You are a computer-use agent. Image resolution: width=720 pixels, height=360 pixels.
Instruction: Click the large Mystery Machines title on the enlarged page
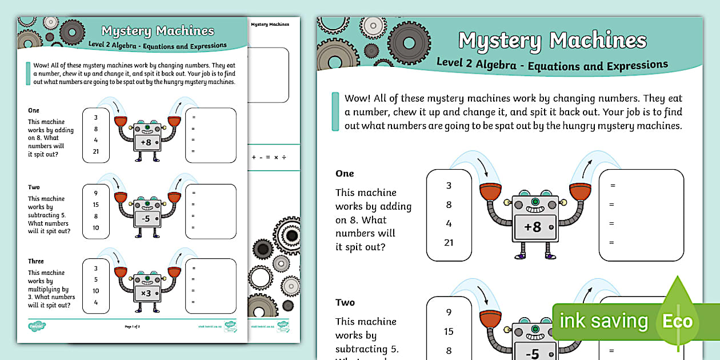click(552, 41)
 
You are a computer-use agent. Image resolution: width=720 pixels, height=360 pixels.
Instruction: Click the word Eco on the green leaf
click(677, 321)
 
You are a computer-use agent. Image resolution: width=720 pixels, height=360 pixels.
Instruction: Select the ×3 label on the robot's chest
click(146, 293)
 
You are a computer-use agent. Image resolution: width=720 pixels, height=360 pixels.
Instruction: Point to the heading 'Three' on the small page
click(36, 261)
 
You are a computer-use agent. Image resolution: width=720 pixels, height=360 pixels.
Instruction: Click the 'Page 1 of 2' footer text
click(132, 326)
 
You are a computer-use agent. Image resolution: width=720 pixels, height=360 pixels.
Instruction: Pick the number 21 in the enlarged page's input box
click(449, 242)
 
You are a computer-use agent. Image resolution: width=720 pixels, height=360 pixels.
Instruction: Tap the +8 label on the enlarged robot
click(533, 227)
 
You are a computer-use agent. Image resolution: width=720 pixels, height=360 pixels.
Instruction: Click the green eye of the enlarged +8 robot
click(535, 202)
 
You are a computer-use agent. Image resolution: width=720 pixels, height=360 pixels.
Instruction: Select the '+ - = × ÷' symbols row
click(269, 157)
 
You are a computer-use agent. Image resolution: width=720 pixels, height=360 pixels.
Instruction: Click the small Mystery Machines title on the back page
click(270, 25)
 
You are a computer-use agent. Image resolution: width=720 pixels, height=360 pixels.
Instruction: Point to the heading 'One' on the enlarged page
click(345, 174)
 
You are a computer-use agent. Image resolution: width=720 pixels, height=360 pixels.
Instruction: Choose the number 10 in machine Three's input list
click(96, 291)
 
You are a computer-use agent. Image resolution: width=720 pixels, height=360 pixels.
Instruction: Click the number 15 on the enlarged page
click(449, 331)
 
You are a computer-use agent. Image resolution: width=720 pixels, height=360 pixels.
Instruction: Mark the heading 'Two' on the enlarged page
click(345, 302)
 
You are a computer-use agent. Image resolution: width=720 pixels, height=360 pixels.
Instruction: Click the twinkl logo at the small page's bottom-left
click(37, 326)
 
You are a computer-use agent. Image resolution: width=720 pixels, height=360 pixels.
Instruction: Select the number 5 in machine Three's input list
click(96, 279)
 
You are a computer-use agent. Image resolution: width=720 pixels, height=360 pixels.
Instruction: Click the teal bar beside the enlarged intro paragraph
click(335, 111)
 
